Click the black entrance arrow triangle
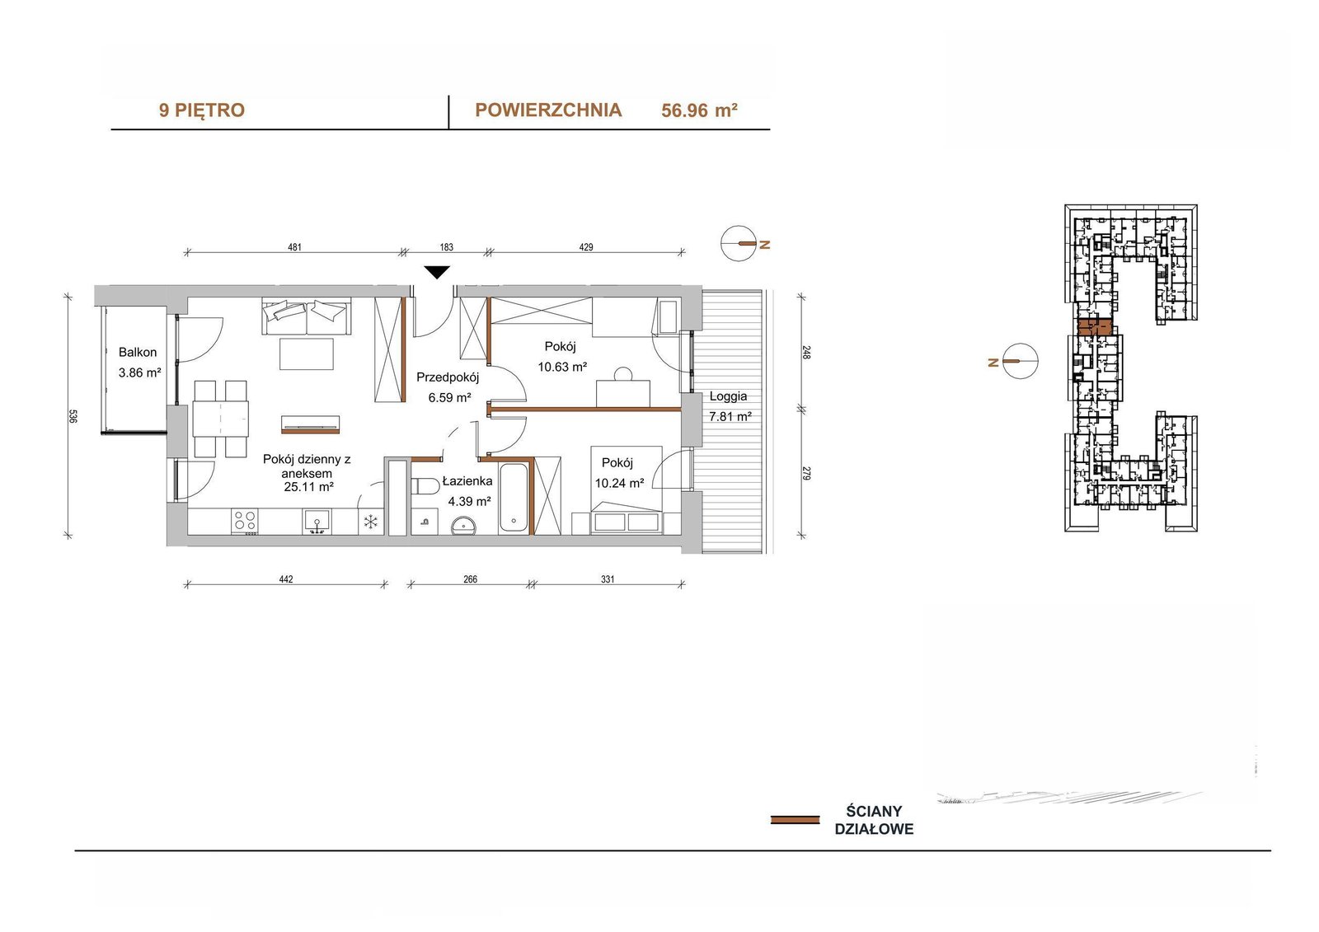click(437, 272)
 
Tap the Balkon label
click(138, 352)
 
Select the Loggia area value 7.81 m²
click(730, 416)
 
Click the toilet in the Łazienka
click(425, 486)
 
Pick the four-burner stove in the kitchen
click(246, 522)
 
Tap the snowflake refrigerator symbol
click(370, 522)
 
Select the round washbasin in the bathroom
click(466, 525)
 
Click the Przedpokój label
click(448, 377)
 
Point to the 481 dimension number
click(294, 247)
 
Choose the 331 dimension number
click(608, 579)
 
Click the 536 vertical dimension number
click(73, 416)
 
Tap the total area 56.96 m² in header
click(700, 110)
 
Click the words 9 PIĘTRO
click(201, 110)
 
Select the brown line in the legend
click(795, 820)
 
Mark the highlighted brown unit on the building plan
click(1095, 327)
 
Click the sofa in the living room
click(307, 316)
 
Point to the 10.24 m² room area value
click(619, 484)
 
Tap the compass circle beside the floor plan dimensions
click(738, 243)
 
